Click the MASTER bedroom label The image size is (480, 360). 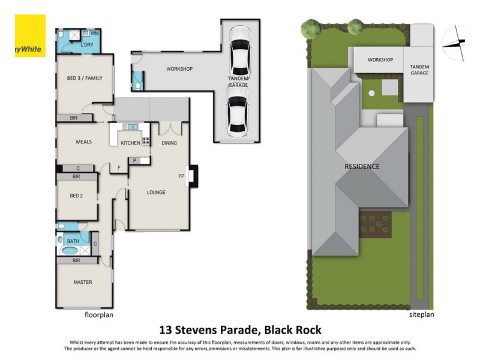pos(83,282)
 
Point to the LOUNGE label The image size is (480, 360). pos(156,192)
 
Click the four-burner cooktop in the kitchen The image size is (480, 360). pos(145,142)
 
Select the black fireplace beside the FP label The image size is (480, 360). pos(192,176)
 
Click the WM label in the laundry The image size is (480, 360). pos(94,34)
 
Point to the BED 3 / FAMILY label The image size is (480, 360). pos(85,78)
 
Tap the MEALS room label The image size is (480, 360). pos(83,142)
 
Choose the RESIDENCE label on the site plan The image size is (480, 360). pos(362,166)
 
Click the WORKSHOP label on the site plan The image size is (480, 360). pos(380,60)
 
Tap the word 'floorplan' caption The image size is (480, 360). pos(99,314)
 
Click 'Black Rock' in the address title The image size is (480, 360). pos(295,329)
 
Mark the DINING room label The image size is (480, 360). pos(170,143)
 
